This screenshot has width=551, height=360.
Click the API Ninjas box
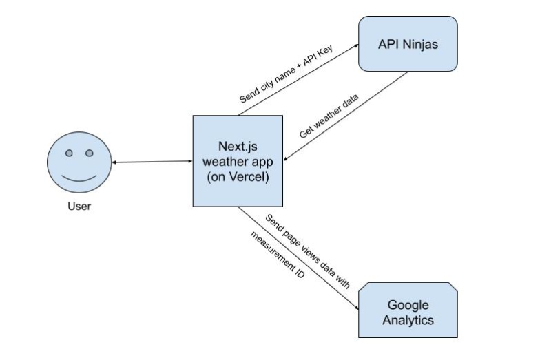pyautogui.click(x=408, y=43)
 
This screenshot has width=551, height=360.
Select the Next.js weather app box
pyautogui.click(x=238, y=161)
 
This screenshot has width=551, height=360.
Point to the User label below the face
pyautogui.click(x=79, y=207)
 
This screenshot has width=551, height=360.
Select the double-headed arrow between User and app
pyautogui.click(x=152, y=162)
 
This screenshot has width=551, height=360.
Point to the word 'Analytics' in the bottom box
pyautogui.click(x=408, y=320)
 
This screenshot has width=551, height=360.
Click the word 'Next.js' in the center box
pyautogui.click(x=238, y=146)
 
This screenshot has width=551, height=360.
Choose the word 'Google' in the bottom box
pyautogui.click(x=408, y=305)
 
